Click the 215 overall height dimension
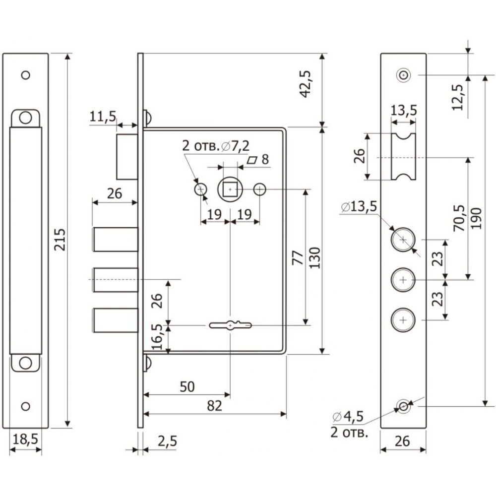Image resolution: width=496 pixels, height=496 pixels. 60,240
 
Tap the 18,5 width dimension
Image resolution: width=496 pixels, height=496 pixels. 25,439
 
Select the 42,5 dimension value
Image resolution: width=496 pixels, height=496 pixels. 306,84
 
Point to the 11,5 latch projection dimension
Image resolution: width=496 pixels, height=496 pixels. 103,117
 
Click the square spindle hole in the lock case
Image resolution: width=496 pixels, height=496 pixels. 230,189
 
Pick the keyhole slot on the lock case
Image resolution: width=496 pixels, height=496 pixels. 230,325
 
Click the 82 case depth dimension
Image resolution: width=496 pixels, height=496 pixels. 214,406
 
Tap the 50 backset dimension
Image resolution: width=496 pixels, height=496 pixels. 187,386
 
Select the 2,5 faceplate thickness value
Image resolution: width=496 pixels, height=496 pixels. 167,441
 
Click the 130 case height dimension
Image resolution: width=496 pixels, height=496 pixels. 315,258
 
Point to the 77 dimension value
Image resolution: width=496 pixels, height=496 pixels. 298,258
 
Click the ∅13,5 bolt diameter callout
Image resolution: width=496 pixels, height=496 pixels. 359,206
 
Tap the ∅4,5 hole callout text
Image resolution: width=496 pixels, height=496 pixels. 348,417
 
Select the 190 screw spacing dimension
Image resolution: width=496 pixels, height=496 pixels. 476,218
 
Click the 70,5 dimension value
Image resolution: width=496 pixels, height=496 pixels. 459,218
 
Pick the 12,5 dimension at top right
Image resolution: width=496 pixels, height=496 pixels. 457,97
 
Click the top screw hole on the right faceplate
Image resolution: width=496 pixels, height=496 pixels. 403,75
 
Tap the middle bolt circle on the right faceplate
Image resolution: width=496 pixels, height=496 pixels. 403,280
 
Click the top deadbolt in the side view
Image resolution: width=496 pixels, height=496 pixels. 116,240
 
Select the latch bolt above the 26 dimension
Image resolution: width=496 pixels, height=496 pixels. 127,157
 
